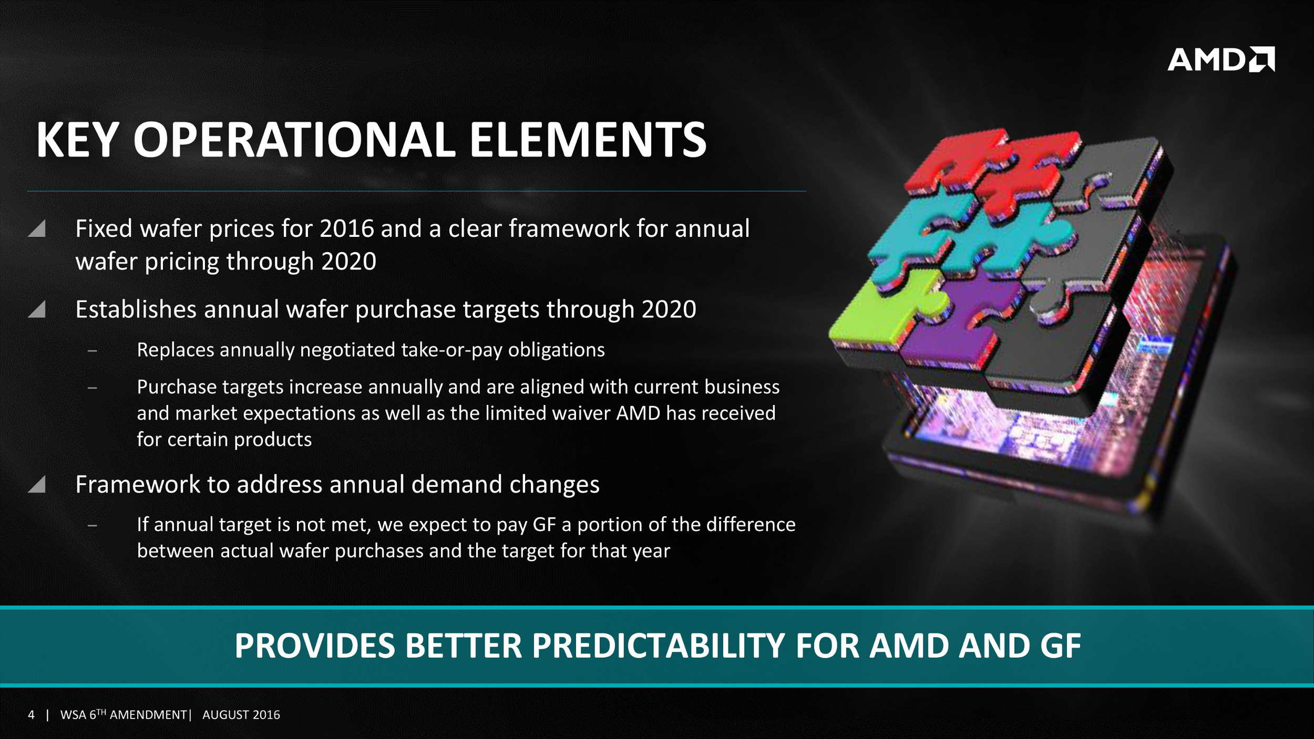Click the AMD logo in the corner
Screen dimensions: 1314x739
click(x=1220, y=59)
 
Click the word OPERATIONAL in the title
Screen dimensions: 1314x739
click(x=294, y=140)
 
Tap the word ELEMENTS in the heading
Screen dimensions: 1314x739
click(x=588, y=140)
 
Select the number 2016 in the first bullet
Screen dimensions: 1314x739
click(x=347, y=229)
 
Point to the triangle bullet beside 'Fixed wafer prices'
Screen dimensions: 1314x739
click(x=37, y=228)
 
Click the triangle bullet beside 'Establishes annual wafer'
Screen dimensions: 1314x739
click(x=37, y=309)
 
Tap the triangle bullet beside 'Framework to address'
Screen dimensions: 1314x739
click(x=37, y=484)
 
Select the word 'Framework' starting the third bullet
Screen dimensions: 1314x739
click(x=138, y=484)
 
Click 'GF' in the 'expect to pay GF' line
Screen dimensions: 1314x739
click(x=544, y=525)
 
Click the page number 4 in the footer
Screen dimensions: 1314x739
click(x=32, y=715)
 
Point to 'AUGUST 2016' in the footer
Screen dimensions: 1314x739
click(x=241, y=715)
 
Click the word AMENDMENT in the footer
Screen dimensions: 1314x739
click(x=148, y=715)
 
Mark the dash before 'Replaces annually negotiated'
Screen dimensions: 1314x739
click(x=93, y=350)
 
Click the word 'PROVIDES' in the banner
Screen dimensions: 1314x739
click(x=314, y=646)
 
